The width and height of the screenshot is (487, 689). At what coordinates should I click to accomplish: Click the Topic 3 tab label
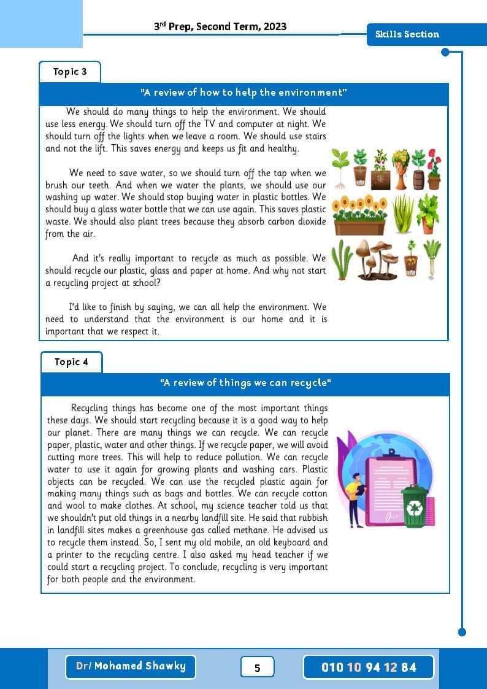tap(70, 72)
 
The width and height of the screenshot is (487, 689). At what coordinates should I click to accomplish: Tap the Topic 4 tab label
tap(71, 362)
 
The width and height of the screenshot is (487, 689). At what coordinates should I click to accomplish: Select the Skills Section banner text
tap(407, 34)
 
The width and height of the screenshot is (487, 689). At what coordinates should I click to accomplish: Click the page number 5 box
tap(257, 668)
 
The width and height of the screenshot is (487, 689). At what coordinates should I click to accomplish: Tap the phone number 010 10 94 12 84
tap(369, 667)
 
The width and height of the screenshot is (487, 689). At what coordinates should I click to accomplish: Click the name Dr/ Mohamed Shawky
tap(131, 666)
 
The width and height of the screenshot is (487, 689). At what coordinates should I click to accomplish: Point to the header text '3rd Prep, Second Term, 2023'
tap(220, 26)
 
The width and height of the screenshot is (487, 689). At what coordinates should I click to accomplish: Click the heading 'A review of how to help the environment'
tap(244, 93)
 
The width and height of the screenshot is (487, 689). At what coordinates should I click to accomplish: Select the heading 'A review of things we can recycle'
tap(245, 383)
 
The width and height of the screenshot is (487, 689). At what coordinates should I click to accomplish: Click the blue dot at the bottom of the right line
tap(462, 632)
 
